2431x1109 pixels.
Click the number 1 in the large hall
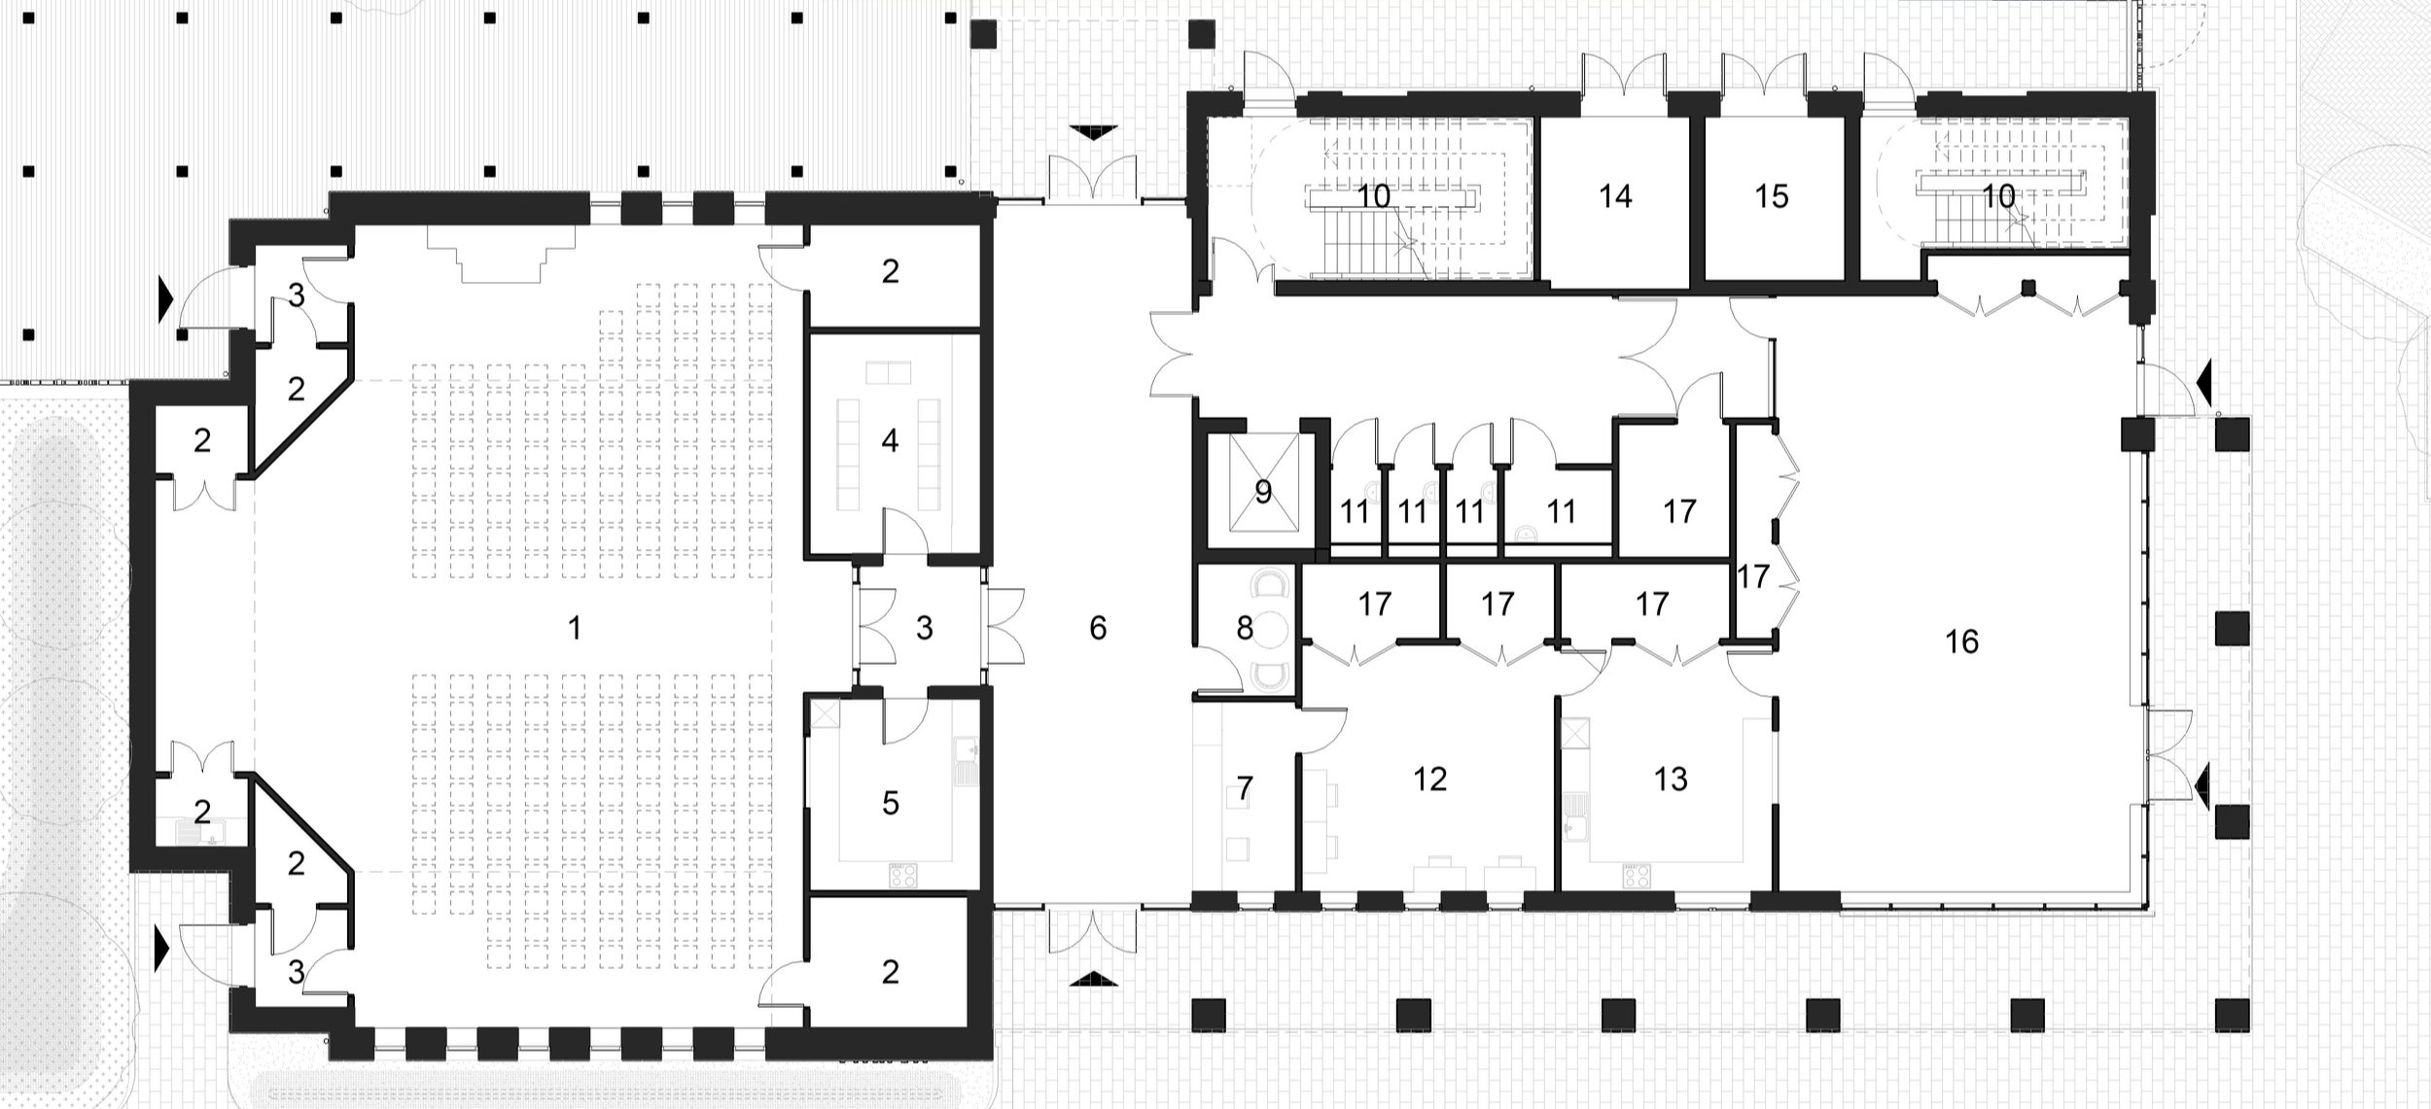575,629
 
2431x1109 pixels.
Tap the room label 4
890,441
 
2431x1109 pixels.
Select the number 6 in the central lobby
1098,629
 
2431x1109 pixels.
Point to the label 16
1962,641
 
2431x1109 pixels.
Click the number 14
1615,197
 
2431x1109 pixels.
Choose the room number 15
1772,197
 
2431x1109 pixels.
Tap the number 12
1430,779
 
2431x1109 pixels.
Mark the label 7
1245,788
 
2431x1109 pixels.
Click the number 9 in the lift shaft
1263,493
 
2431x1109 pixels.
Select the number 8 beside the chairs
1246,629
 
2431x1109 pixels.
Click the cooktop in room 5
903,875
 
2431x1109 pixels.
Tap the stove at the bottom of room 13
1637,877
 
